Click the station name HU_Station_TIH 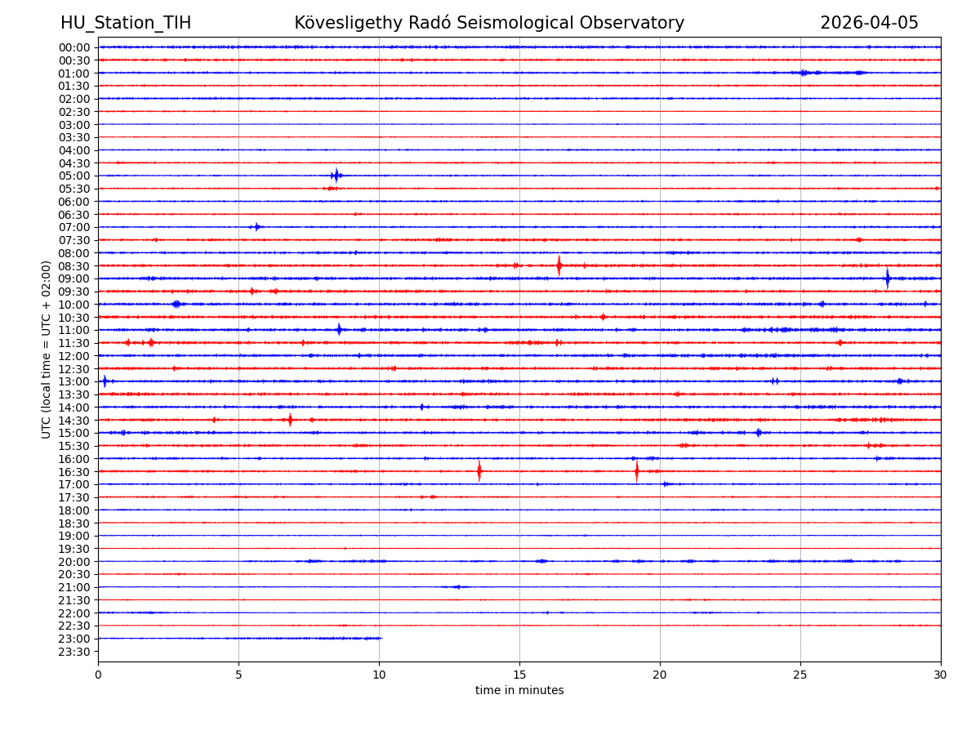126,23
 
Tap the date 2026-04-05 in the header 869,23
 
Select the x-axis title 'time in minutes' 519,691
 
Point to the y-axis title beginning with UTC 47,350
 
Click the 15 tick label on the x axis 519,675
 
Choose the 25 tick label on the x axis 800,675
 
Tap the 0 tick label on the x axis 98,675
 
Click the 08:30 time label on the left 73,266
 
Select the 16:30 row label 73,472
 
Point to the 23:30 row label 73,652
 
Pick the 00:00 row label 73,47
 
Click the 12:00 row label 73,356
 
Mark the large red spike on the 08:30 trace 559,265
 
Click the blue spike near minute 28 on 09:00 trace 887,278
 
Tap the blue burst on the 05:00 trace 336,176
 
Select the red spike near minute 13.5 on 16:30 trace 479,471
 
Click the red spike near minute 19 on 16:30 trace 637,471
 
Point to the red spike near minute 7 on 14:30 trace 290,420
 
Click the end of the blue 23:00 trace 381,638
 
